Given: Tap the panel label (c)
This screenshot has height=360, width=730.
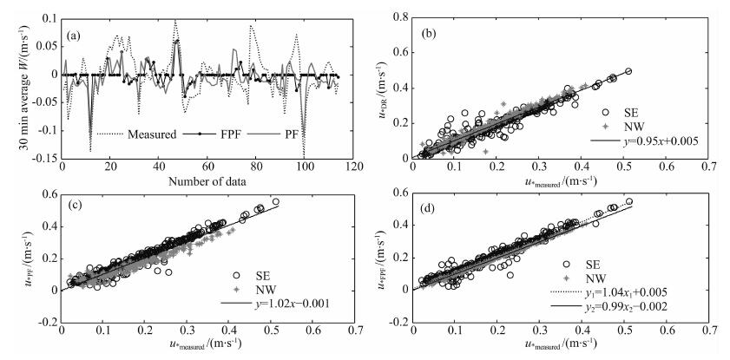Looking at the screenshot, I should (x=76, y=211).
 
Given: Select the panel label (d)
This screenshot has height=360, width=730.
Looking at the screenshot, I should (x=428, y=211).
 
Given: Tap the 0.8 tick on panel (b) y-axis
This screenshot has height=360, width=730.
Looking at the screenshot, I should (x=399, y=16).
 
